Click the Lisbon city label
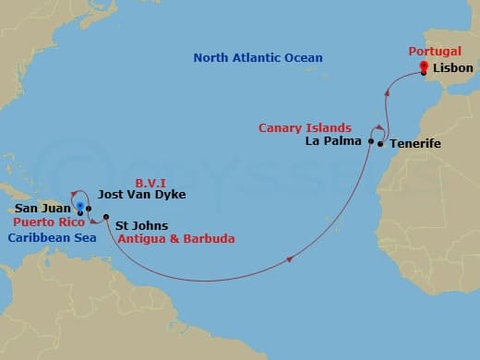coord(451,69)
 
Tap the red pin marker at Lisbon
coord(423,67)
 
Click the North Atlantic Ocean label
coord(258,58)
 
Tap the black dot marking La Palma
coord(371,142)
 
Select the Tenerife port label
coord(414,145)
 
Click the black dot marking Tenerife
coord(380,145)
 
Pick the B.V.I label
coord(150,182)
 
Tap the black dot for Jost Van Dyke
coord(90,209)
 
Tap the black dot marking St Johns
coord(106,217)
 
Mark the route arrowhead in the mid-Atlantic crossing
coord(290,259)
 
